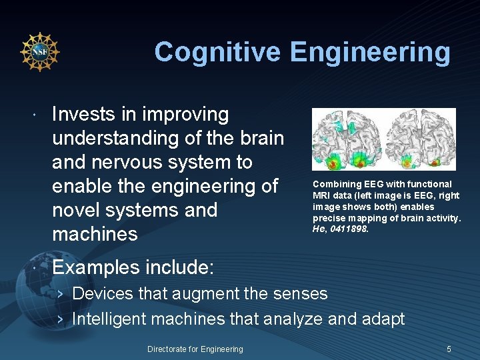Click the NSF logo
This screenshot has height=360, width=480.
pyautogui.click(x=40, y=51)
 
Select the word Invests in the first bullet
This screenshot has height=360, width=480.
pyautogui.click(x=85, y=114)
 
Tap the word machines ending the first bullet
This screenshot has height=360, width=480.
pyautogui.click(x=95, y=234)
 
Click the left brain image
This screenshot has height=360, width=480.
pyautogui.click(x=347, y=139)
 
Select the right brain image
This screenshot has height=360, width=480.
pyautogui.click(x=419, y=139)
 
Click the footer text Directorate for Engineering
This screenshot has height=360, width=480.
pyautogui.click(x=195, y=349)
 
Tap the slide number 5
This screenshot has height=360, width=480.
pyautogui.click(x=449, y=349)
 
